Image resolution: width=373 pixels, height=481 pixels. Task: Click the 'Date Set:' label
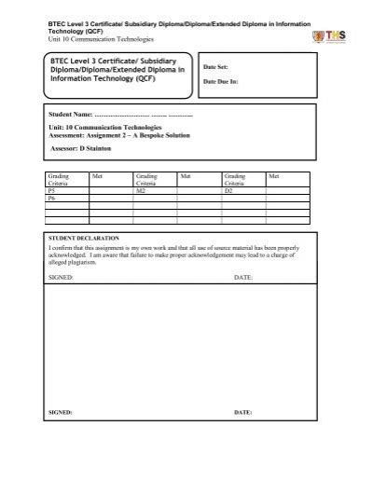pos(216,68)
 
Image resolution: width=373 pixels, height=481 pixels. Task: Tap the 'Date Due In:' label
pos(220,82)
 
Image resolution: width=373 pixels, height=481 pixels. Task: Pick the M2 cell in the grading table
pos(141,190)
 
